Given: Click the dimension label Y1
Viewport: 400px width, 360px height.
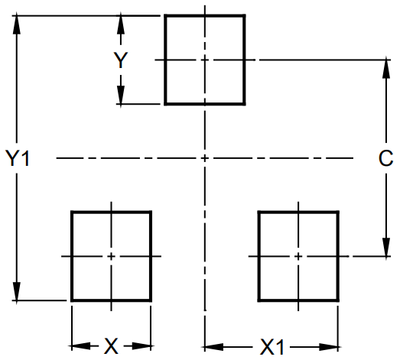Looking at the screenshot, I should pos(17,158).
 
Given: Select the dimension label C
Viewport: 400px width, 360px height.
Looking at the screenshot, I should pos(385,158).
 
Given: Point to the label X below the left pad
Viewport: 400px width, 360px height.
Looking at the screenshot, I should pos(112,346).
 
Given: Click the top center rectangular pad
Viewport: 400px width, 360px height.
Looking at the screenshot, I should pos(205,59).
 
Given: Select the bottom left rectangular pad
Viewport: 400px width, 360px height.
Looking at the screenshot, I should pos(111,255).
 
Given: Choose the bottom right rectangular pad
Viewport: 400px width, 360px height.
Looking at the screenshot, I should pos(298,255).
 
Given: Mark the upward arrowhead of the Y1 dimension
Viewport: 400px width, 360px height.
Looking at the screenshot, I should pos(17,21).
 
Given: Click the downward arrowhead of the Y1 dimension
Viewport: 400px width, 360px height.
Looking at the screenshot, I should pos(17,294).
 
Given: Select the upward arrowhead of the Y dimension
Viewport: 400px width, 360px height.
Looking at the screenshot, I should pos(120,21).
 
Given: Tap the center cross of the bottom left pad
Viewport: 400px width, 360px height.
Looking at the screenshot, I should pos(111,255).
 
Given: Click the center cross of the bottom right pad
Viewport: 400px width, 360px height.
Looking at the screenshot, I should pos(298,255).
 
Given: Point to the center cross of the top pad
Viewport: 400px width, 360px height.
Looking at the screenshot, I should pos(205,59).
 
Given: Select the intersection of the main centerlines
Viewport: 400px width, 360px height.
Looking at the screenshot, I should pos(205,158).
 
